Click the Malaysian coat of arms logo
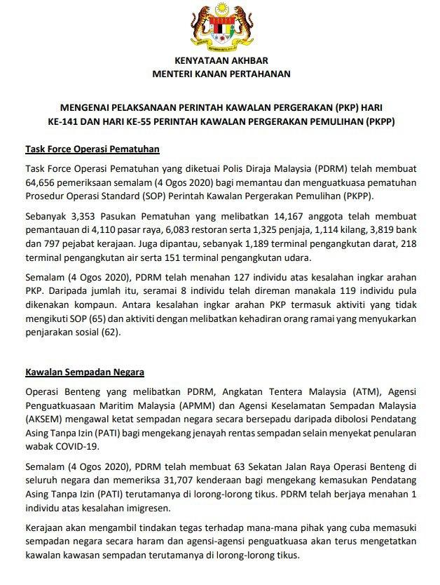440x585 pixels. (220, 28)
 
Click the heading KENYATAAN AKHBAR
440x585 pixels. (220, 60)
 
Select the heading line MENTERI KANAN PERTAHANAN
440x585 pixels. (220, 73)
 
